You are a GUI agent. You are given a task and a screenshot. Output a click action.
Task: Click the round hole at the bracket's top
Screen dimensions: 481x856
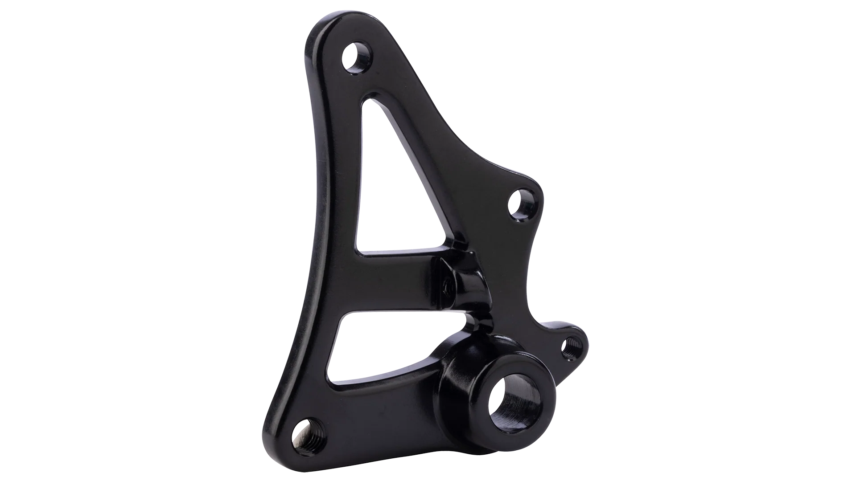(357, 57)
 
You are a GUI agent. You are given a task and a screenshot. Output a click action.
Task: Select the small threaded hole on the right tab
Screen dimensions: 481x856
(568, 347)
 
